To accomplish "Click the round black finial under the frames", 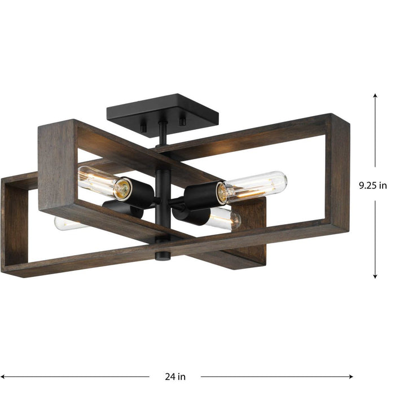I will point(163,254).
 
